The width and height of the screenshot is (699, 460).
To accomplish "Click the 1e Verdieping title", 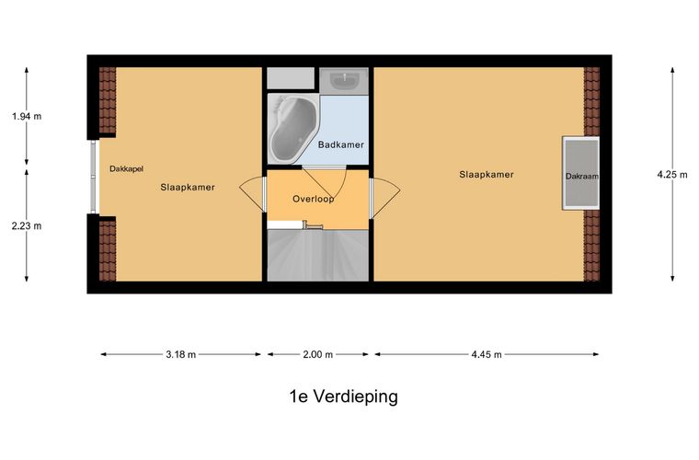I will [x=342, y=397].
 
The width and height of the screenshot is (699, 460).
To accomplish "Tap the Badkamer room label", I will [x=340, y=144].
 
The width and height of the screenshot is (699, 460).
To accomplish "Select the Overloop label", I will [x=313, y=199].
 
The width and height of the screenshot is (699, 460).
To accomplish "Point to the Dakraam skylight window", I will [x=580, y=174].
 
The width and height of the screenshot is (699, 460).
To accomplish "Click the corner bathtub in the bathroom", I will [x=292, y=130].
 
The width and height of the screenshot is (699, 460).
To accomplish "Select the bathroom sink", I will [x=345, y=81].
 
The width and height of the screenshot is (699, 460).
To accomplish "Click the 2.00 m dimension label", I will [x=317, y=354].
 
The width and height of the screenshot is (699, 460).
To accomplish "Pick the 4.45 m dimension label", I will [x=487, y=354].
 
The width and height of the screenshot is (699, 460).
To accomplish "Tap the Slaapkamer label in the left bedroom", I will [x=188, y=188].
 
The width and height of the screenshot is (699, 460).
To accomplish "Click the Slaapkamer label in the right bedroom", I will [x=487, y=174].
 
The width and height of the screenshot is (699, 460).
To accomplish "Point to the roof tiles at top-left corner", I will [x=108, y=100].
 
